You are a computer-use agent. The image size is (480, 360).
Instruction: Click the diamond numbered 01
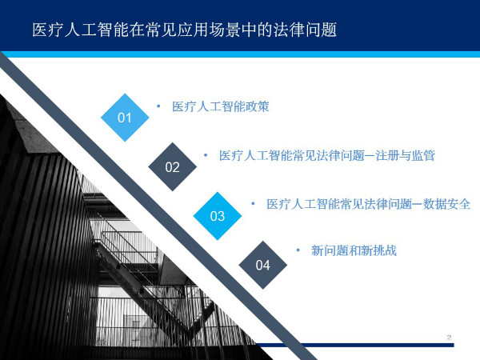coord(125,118)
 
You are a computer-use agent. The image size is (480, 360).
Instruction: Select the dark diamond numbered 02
coord(172,167)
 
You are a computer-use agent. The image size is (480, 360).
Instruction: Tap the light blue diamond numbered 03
coord(218,216)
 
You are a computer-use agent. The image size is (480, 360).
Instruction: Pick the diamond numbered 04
coord(262,265)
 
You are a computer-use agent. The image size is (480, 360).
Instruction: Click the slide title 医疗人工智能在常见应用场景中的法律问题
coord(185,30)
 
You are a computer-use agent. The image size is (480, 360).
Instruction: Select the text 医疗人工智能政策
coord(221,106)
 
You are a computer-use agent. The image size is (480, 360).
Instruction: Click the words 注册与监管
coord(406,155)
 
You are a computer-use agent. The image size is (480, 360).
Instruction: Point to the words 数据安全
coord(446,204)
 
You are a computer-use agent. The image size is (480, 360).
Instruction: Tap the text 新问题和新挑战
coord(354,250)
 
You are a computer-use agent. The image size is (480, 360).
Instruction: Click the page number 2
coord(449,338)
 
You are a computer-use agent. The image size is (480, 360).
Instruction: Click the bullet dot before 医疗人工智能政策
coord(158,106)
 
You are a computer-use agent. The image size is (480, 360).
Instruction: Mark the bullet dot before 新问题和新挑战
coord(298,250)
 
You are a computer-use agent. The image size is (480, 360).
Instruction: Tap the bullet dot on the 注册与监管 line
coord(206,155)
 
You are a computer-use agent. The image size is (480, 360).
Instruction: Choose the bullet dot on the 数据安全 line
coord(253,203)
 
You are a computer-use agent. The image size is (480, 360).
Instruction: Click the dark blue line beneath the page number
coord(352,345)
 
